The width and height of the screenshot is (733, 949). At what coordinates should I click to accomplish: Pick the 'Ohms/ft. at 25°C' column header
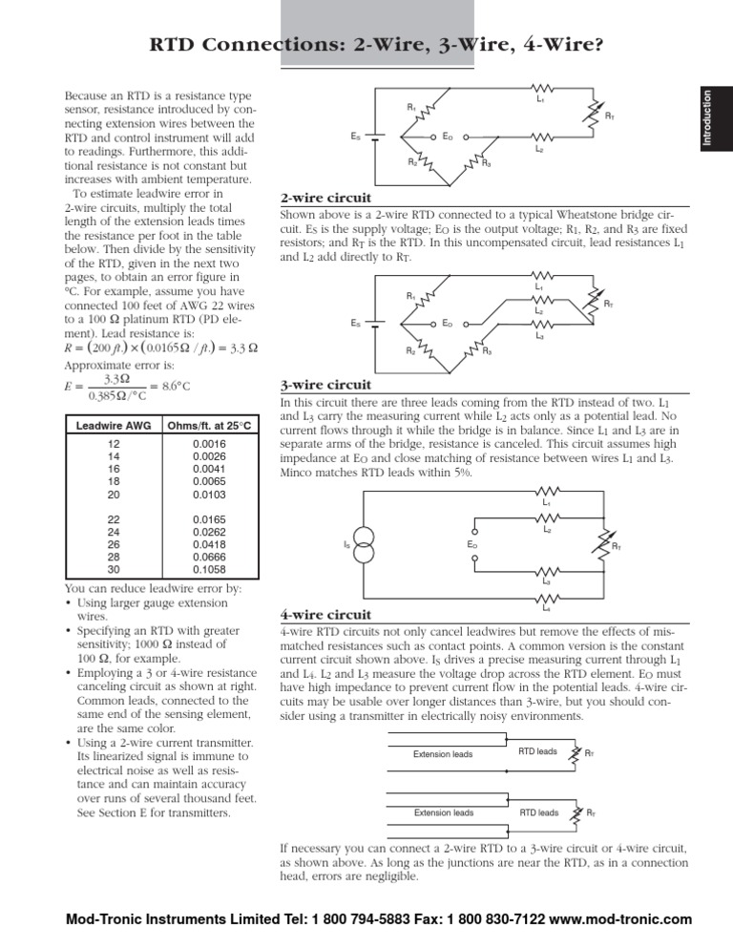pos(209,425)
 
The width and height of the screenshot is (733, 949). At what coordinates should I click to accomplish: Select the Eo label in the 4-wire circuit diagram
pos(472,544)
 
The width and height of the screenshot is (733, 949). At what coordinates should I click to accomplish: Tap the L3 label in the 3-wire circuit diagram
pos(540,336)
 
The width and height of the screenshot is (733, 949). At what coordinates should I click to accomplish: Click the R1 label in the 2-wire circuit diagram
pos(411,108)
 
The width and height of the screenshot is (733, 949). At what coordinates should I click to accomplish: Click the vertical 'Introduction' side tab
pos(706,116)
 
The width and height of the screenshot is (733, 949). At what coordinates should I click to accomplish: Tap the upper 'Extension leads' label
pos(443,754)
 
